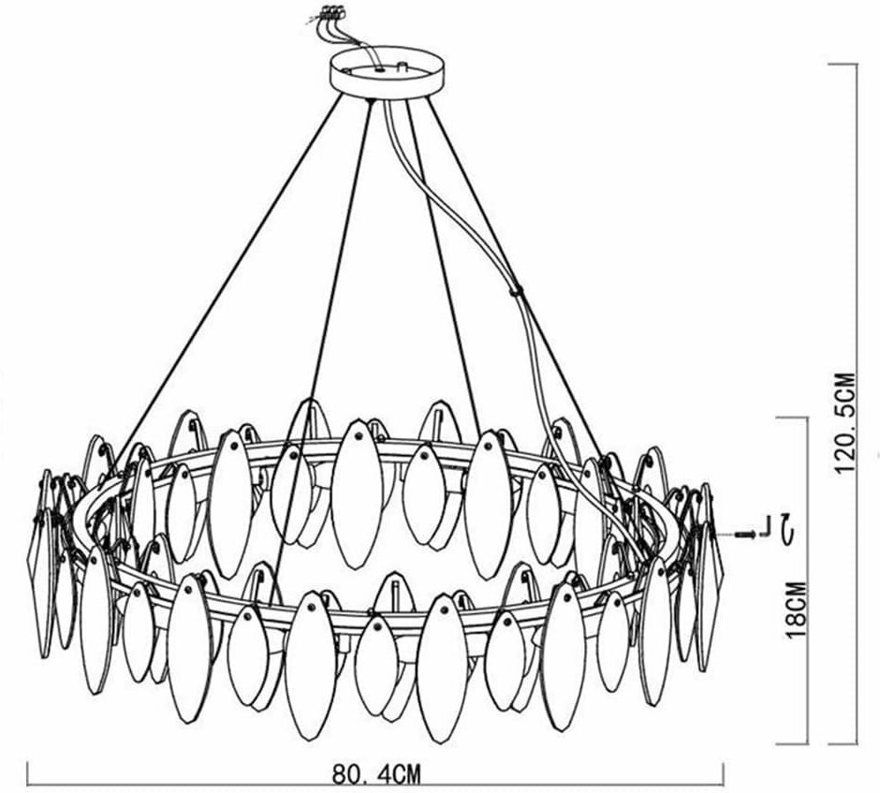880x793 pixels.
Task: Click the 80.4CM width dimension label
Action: pyautogui.click(x=374, y=776)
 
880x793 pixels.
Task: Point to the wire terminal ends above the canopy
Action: pyautogui.click(x=329, y=14)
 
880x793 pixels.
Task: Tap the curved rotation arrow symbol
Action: pyautogui.click(x=790, y=530)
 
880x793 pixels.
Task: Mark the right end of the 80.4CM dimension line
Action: pyautogui.click(x=724, y=772)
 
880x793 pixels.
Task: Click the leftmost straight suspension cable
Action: pyautogui.click(x=234, y=281)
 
